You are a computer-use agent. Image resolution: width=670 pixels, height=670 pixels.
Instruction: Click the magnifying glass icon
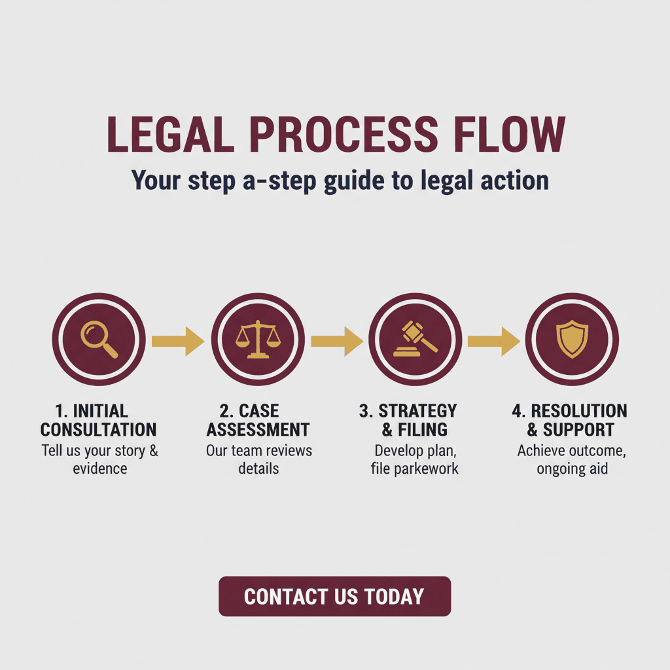pos(99,340)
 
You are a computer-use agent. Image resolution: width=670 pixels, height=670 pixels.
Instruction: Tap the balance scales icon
pos(258,340)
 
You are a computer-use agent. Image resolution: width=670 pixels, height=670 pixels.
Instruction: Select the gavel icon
pos(415,339)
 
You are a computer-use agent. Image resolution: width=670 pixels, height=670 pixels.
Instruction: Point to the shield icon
pos(572,340)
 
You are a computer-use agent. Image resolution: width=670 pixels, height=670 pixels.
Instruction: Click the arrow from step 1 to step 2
pos(178,342)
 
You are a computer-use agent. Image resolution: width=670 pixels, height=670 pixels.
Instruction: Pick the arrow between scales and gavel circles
pos(337,342)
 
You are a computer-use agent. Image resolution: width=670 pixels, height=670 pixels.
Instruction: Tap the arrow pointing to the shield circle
pos(494,342)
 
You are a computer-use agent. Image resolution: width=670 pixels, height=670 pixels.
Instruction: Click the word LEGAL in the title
pos(171,134)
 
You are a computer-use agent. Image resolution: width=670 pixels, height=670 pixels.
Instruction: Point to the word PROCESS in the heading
pos(344,134)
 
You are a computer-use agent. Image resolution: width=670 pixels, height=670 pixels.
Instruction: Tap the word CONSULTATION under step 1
pos(99,430)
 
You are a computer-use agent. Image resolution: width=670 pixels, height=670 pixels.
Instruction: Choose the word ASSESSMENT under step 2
pos(258,430)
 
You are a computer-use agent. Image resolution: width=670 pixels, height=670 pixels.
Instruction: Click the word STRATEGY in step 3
pos(418,411)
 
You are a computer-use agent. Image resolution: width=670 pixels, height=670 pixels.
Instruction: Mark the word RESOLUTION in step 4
pos(579,411)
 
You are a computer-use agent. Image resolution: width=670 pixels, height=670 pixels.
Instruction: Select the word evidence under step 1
pos(100,468)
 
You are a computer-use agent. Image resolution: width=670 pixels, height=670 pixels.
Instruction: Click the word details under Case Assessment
pos(258,468)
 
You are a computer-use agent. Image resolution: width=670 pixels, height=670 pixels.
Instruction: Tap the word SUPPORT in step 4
pos(578,430)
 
